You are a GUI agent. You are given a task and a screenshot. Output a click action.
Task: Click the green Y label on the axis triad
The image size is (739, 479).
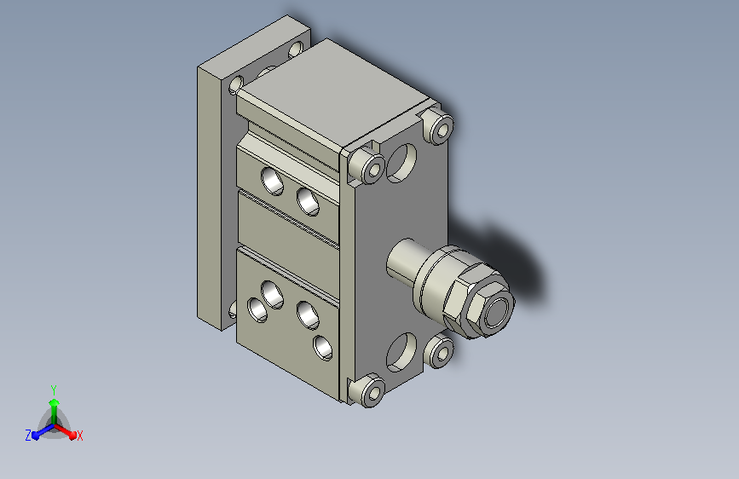coord(54,390)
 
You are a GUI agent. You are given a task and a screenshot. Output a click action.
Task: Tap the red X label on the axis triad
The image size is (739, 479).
coord(79,436)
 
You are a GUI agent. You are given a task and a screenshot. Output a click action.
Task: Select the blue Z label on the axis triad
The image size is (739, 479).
coord(28,436)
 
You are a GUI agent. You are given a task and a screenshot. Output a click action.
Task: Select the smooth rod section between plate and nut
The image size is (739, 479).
coord(402,260)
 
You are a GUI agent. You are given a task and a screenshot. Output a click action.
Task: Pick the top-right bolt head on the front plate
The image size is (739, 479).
coord(438,125)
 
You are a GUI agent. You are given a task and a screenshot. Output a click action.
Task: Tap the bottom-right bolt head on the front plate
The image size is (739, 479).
coord(439,351)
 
